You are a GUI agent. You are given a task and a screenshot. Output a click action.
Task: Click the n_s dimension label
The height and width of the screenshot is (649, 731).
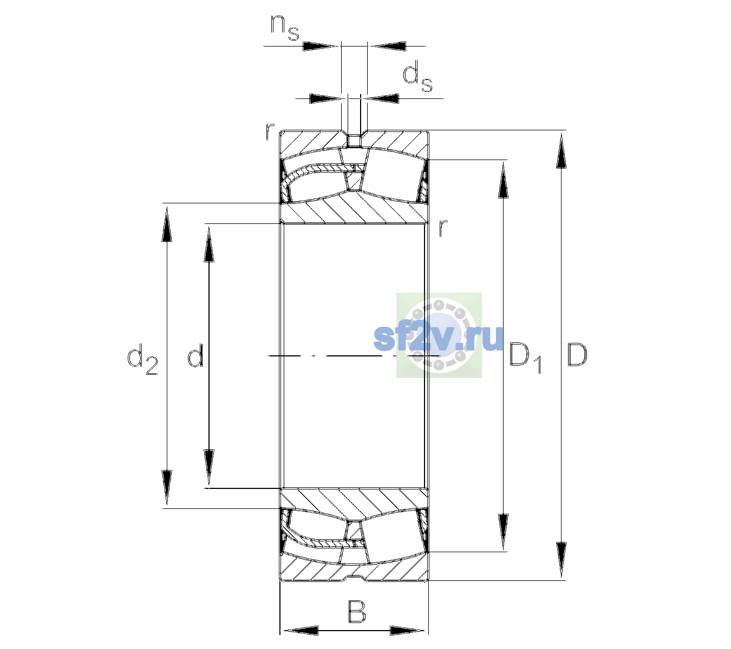(x=285, y=28)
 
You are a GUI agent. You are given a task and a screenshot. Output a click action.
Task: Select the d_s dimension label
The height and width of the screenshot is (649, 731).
(x=417, y=76)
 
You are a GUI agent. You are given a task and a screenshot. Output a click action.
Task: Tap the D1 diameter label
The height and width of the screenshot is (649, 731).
(x=525, y=357)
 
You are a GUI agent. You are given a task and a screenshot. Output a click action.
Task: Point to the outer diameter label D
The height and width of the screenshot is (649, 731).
(x=577, y=355)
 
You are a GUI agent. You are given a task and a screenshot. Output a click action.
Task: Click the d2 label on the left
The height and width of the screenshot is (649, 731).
(x=142, y=359)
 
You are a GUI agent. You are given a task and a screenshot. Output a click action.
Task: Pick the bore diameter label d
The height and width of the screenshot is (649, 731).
(x=195, y=355)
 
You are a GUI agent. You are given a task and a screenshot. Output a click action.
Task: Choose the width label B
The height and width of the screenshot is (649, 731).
(x=356, y=611)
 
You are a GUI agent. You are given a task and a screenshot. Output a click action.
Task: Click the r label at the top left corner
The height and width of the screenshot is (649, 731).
(x=270, y=131)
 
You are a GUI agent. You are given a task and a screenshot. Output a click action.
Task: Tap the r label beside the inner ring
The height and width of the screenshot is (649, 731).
(x=443, y=227)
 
